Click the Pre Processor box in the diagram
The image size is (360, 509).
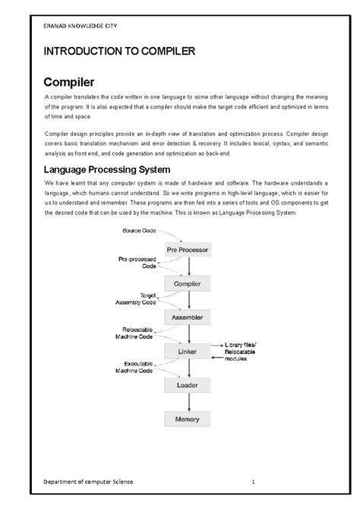coord(188,249)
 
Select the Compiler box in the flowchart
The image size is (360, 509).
coord(188,283)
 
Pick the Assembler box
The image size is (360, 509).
coord(188,317)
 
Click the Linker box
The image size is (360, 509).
coord(188,350)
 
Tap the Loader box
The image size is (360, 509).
coord(188,384)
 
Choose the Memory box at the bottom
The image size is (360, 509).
coord(188,419)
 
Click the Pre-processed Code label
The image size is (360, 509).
coord(137,263)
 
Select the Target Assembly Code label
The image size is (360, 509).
coord(136,298)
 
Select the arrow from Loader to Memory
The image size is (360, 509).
coord(188,402)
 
